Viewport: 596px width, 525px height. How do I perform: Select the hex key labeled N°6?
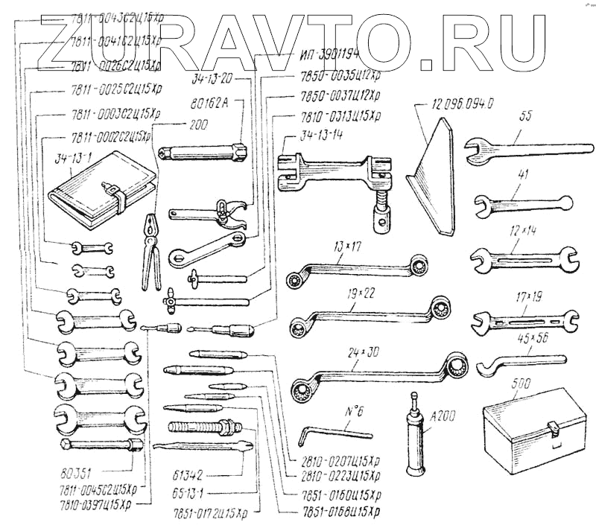pyautogui.click(x=335, y=432)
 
